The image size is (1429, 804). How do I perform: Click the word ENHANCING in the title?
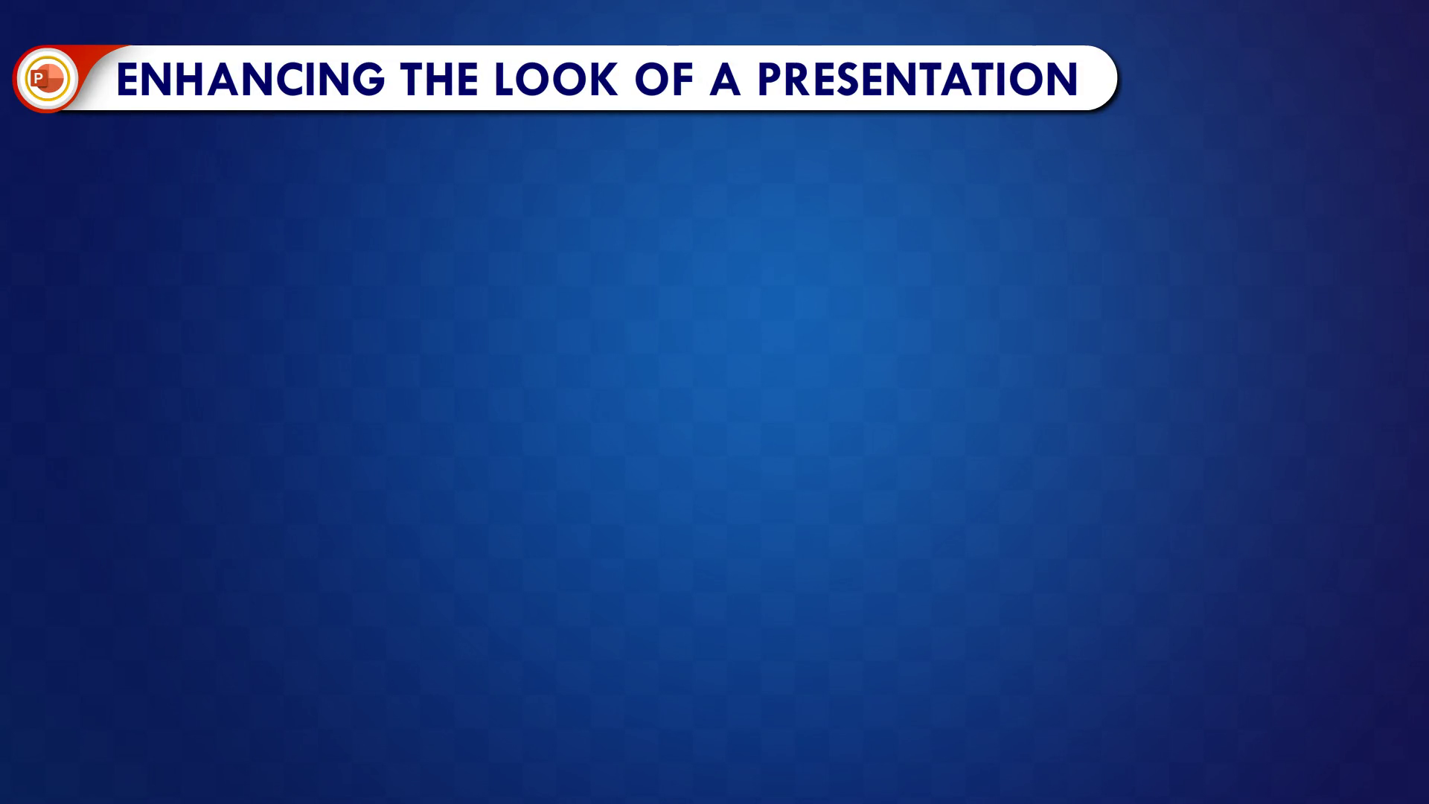(251, 79)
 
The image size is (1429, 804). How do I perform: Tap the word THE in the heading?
(439, 79)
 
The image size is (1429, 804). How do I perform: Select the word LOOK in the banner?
(555, 79)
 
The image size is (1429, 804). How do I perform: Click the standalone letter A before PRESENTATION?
(726, 79)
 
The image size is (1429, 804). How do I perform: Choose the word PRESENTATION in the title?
(918, 79)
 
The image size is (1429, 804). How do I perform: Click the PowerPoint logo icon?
(46, 78)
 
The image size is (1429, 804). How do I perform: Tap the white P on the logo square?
(38, 78)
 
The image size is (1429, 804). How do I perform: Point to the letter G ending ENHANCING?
(368, 79)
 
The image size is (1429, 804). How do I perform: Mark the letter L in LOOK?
(504, 79)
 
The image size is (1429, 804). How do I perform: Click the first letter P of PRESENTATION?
(770, 79)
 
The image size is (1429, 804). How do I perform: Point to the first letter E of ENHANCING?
(127, 79)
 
